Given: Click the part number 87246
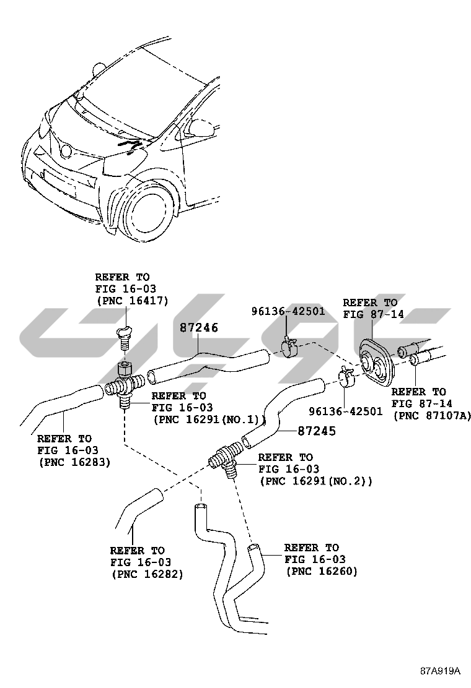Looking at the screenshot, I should (x=199, y=327).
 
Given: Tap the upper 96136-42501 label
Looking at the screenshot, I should (x=288, y=311).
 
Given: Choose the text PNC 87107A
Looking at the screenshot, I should (x=432, y=415).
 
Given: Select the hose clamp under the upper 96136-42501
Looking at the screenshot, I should (x=289, y=347).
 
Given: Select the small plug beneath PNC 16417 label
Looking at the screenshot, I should (x=123, y=337).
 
